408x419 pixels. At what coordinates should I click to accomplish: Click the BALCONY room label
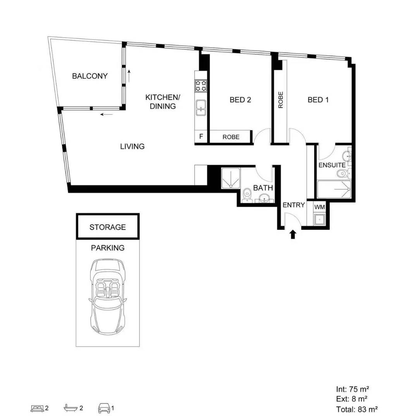[90, 76]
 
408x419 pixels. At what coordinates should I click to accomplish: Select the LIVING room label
[132, 146]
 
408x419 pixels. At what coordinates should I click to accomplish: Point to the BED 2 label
[240, 100]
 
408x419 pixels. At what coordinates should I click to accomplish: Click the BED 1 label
[318, 100]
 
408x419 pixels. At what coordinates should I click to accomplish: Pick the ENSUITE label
[332, 165]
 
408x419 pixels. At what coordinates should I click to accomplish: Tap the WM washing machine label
[320, 207]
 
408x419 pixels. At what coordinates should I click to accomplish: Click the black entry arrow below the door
[293, 234]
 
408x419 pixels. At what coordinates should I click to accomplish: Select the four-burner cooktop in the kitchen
[201, 85]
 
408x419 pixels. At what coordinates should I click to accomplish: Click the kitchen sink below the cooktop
[201, 107]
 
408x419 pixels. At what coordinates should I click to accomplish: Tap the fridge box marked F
[201, 137]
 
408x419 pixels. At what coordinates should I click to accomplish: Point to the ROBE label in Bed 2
[231, 137]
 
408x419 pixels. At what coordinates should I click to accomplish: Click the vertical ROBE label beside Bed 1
[281, 99]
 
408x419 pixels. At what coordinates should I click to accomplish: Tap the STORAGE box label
[107, 227]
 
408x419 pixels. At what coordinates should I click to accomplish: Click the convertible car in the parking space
[107, 296]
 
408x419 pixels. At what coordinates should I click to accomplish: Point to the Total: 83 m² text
[356, 409]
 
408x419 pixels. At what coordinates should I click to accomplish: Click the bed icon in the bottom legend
[37, 408]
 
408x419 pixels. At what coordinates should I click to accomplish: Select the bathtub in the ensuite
[334, 190]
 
